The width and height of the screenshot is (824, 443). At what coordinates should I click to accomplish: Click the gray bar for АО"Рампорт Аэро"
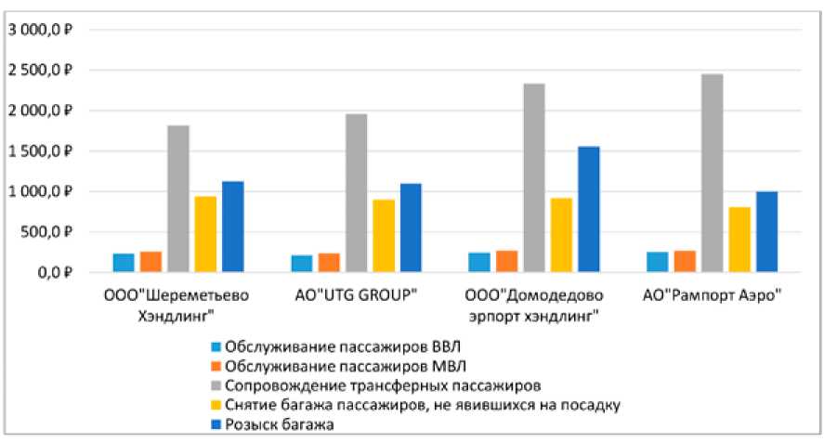click(x=713, y=173)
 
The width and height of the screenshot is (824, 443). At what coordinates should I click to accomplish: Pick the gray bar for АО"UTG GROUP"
click(x=356, y=193)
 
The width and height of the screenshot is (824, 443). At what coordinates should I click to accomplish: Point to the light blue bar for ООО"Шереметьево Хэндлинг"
click(x=124, y=263)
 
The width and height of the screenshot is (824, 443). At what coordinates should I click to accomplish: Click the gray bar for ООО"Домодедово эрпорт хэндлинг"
click(x=534, y=177)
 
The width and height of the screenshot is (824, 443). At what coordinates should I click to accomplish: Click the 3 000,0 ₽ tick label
click(x=47, y=30)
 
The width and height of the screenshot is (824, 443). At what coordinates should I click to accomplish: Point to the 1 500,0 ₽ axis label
click(x=47, y=151)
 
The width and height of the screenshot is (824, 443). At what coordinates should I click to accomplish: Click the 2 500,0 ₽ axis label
click(x=47, y=71)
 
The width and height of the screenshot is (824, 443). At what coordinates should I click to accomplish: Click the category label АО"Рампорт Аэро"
click(x=713, y=297)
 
